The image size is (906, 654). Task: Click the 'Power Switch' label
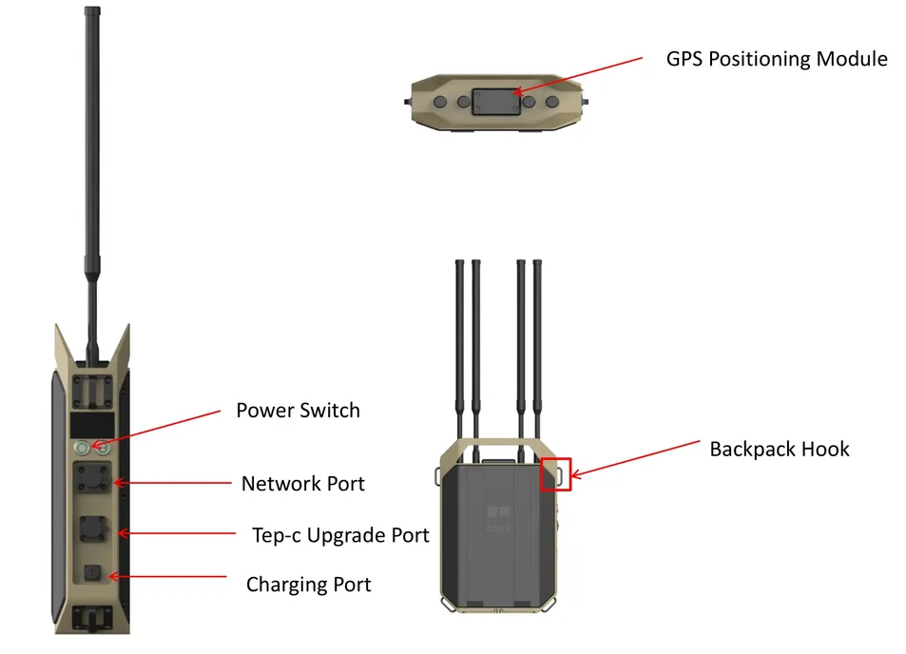[298, 411]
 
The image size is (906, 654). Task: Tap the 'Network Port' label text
[302, 483]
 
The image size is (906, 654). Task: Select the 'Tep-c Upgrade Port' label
[340, 534]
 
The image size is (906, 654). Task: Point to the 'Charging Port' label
[308, 584]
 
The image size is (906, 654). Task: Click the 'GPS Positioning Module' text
[776, 59]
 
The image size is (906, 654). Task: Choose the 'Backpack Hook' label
[779, 449]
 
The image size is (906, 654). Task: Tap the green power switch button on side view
[83, 446]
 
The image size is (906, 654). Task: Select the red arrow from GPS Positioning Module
[580, 75]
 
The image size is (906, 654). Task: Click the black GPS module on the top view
[495, 101]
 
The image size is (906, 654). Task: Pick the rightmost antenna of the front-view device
[538, 342]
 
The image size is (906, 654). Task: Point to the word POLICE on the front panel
[498, 529]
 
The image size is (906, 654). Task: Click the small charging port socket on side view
[93, 573]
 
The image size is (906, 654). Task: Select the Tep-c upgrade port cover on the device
[94, 528]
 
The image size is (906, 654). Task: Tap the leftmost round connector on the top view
[441, 102]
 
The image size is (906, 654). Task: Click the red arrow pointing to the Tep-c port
[181, 534]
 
